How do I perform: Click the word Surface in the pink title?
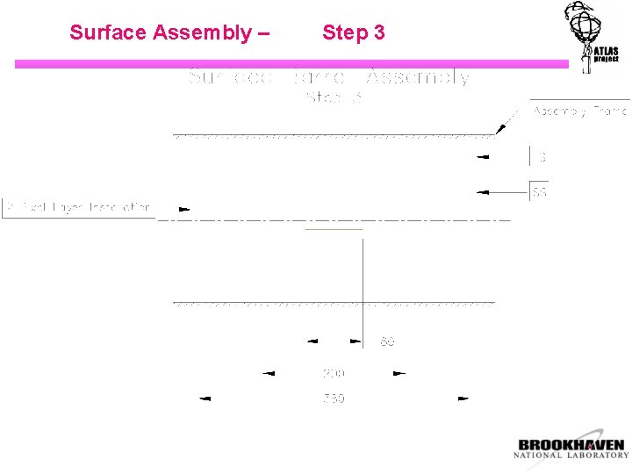pyautogui.click(x=109, y=33)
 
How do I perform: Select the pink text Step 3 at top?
pyautogui.click(x=353, y=33)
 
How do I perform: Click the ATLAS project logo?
pyautogui.click(x=593, y=37)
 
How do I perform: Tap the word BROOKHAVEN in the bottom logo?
pyautogui.click(x=571, y=444)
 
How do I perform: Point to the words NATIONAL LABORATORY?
pyautogui.click(x=571, y=456)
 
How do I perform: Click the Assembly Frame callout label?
pyautogui.click(x=579, y=111)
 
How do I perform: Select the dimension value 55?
pyautogui.click(x=539, y=191)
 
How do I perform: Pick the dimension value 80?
pyautogui.click(x=387, y=341)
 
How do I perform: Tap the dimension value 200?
pyautogui.click(x=334, y=373)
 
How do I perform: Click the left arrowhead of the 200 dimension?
pyautogui.click(x=269, y=373)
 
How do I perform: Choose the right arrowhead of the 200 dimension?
pyautogui.click(x=399, y=373)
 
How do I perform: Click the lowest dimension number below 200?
pyautogui.click(x=334, y=399)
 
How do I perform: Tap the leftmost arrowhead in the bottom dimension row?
pyautogui.click(x=205, y=399)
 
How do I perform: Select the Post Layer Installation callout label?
pyautogui.click(x=78, y=208)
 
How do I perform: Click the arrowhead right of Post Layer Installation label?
pyautogui.click(x=184, y=209)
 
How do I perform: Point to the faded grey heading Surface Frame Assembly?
pyautogui.click(x=329, y=77)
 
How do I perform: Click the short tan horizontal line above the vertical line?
pyautogui.click(x=334, y=229)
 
